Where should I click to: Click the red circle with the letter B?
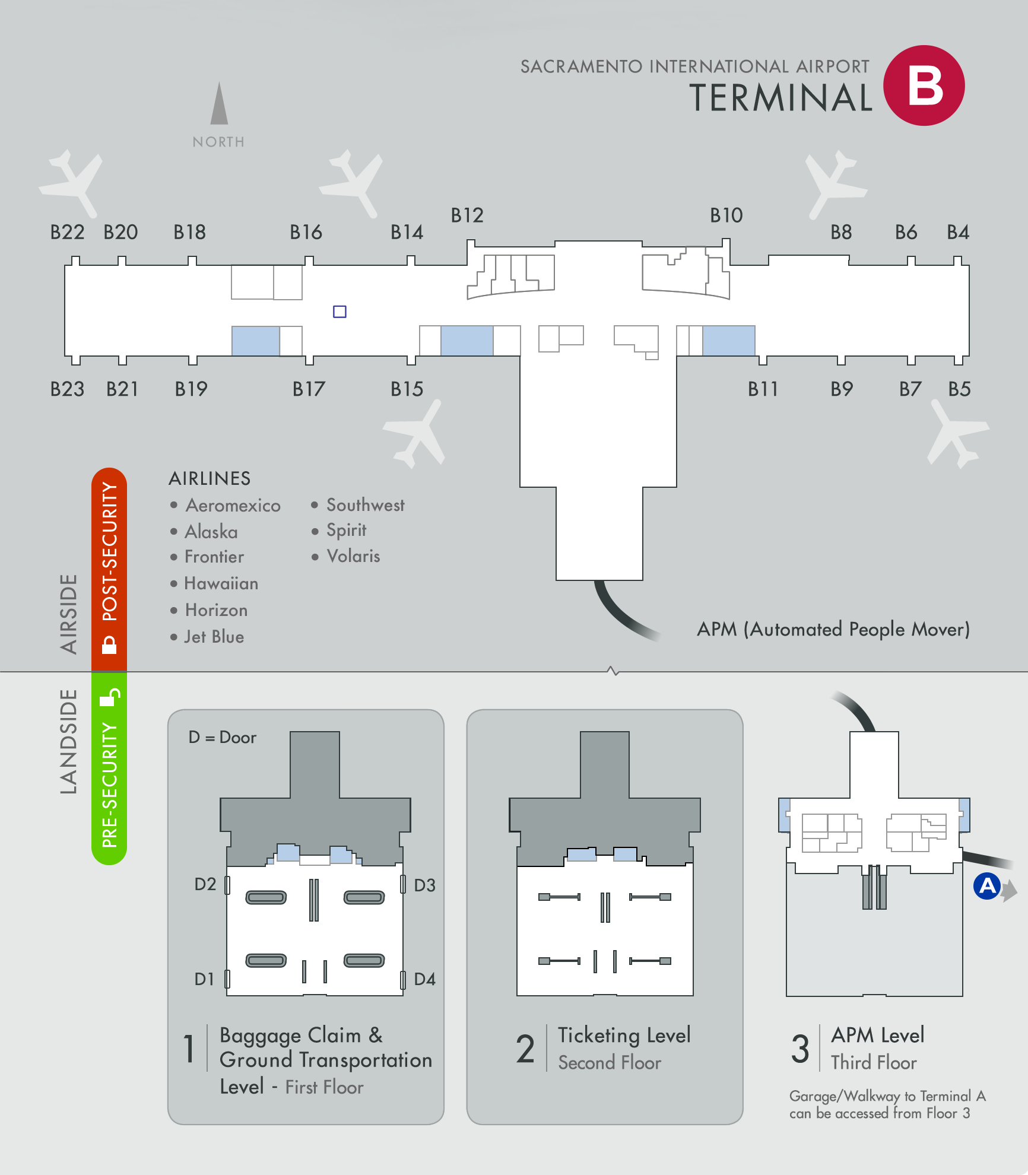(924, 85)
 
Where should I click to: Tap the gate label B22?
(67, 232)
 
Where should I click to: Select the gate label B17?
(309, 389)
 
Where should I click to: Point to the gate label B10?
(726, 215)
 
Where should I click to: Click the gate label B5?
(959, 389)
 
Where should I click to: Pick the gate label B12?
(467, 215)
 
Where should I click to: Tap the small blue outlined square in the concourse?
(340, 312)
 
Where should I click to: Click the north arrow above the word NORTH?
(219, 103)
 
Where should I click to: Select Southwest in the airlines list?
(366, 505)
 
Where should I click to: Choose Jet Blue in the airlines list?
(214, 637)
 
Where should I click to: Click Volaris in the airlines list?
(353, 556)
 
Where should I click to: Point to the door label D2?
(205, 884)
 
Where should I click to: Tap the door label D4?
(424, 979)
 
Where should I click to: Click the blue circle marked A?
(987, 886)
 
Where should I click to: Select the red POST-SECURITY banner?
(109, 570)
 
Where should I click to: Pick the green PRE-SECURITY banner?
(109, 768)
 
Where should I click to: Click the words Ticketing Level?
(624, 1036)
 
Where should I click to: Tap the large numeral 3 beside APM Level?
(800, 1049)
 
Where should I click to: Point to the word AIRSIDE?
(69, 614)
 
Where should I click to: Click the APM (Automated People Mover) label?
(833, 629)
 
